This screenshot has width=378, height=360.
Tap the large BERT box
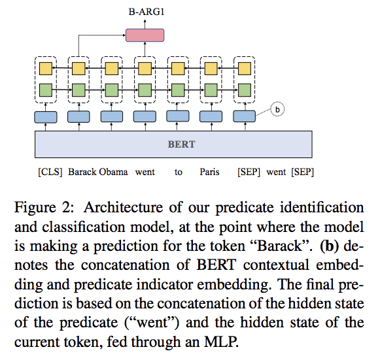point(182,144)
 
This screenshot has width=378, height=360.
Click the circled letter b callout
point(277,110)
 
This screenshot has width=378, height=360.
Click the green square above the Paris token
point(211,89)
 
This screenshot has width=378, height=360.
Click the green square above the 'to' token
point(177,89)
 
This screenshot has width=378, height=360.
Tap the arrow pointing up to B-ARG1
point(145,21)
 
